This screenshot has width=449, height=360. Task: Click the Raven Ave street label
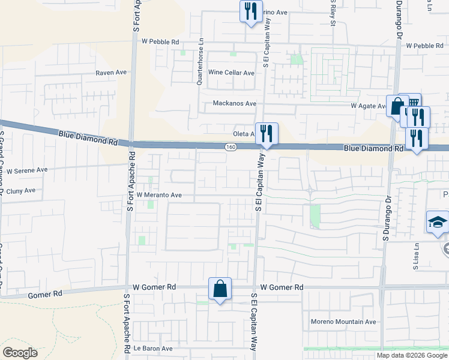(112, 73)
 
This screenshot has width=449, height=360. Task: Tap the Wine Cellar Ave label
(231, 73)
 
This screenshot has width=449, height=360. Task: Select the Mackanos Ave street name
(235, 104)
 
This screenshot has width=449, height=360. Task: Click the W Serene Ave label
(27, 170)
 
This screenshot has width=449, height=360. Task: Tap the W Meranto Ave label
(159, 195)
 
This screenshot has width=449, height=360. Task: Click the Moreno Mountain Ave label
(343, 322)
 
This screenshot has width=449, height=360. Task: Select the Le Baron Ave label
(153, 349)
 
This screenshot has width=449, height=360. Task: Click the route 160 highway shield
(231, 147)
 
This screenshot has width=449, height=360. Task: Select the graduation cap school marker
(437, 223)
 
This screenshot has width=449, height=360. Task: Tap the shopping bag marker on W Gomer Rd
(220, 289)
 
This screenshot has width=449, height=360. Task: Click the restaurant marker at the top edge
(250, 11)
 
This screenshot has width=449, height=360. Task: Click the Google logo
(20, 353)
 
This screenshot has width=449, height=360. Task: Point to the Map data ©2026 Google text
(412, 355)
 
